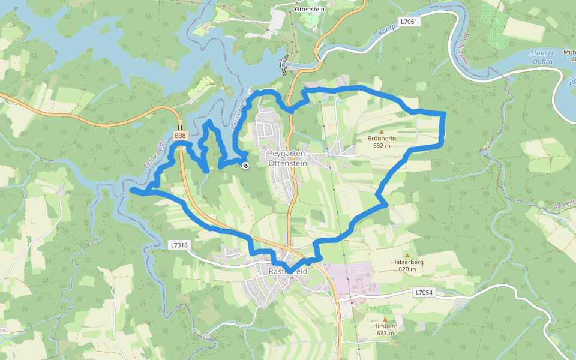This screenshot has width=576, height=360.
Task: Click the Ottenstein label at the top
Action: [x=310, y=10]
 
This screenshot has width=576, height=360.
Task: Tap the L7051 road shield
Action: [x=409, y=22]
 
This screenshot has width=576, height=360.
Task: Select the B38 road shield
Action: [x=179, y=136]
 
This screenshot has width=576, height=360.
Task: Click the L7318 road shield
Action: [x=179, y=245]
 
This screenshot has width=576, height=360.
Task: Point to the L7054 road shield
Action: [x=424, y=292]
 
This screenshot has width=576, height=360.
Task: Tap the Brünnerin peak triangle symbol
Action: [x=381, y=131]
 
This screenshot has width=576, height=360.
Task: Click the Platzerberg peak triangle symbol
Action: [x=407, y=256]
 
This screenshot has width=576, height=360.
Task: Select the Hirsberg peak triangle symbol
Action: [x=385, y=320]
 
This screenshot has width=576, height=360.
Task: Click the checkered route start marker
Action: [x=245, y=166]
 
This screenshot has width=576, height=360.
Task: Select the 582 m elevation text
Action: [x=382, y=146]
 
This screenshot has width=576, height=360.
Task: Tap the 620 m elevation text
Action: [x=407, y=269]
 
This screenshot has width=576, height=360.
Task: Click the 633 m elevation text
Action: [x=385, y=333]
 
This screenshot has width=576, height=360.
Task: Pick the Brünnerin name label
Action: [x=382, y=139]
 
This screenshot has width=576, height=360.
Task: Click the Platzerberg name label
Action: [x=407, y=262]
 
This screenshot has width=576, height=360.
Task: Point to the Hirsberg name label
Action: [x=385, y=326]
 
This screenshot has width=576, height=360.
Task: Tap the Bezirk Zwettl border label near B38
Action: [x=154, y=154]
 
